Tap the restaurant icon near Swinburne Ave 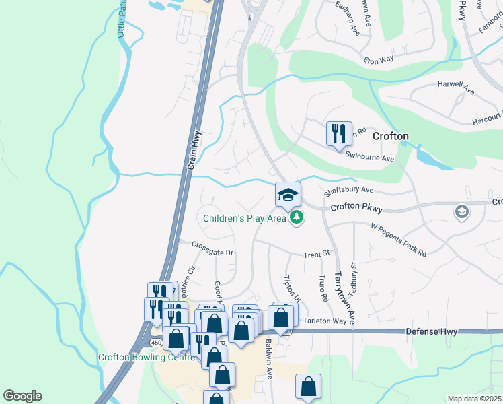[338, 133]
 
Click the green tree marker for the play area [296, 217]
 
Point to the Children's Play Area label [245, 217]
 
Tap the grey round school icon [461, 212]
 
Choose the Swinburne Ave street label [369, 158]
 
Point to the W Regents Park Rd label [399, 240]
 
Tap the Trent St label [317, 255]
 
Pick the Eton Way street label [379, 60]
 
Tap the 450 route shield [156, 343]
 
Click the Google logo [22, 396]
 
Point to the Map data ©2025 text [474, 399]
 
